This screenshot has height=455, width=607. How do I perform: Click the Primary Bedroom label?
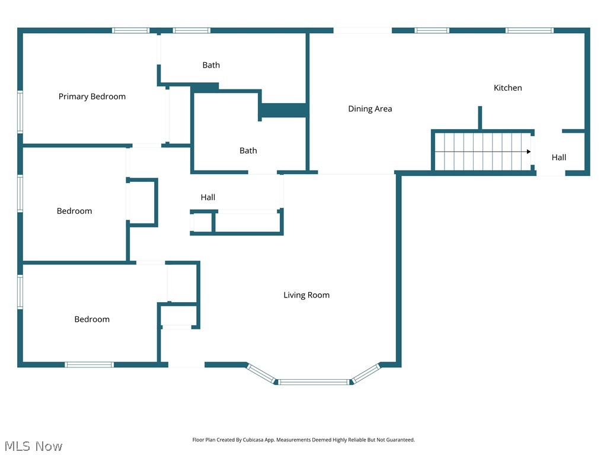[x=92, y=97]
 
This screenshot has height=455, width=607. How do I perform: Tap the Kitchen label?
[x=508, y=88]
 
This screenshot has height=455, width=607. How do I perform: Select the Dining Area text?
[x=370, y=108]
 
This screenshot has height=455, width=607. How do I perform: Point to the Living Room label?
[x=306, y=295]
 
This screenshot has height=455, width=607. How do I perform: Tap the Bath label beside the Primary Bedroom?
[x=211, y=65]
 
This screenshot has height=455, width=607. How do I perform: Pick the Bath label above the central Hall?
[x=248, y=150]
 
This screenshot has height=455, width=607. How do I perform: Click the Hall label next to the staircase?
[x=559, y=158]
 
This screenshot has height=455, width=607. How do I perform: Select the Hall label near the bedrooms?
[x=208, y=197]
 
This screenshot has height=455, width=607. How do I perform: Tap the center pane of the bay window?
[x=314, y=382]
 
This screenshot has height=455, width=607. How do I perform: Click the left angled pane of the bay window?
[x=261, y=373]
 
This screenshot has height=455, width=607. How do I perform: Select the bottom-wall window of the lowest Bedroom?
[x=89, y=364]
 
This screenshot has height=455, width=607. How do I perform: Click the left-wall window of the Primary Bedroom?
[x=20, y=111]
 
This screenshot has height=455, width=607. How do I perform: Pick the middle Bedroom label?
[x=75, y=211]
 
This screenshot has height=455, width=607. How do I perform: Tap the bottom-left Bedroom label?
[x=92, y=319]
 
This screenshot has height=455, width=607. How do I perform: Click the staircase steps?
[x=480, y=152]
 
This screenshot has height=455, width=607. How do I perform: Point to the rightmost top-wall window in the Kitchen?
[x=529, y=30]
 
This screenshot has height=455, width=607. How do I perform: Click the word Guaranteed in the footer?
[x=399, y=440]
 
